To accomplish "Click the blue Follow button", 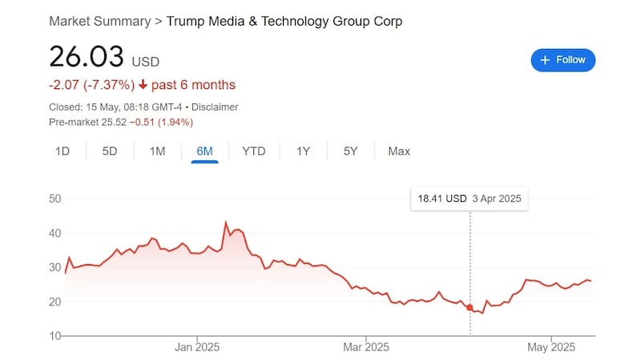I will click(562, 60).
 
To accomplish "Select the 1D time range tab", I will click(62, 151).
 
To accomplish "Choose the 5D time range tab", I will click(110, 151).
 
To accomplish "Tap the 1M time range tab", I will click(157, 151).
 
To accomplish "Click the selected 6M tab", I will click(204, 151).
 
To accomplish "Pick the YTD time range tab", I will click(254, 151).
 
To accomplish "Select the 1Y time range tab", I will click(303, 151).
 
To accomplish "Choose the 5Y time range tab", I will click(350, 151).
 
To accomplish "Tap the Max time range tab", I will click(398, 151).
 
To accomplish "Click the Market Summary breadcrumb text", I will click(99, 21).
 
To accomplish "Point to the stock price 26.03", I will click(87, 57).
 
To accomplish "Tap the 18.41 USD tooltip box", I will click(469, 198).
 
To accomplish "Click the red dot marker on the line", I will click(470, 308).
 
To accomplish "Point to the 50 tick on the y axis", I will click(56, 198).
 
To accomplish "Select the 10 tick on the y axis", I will click(56, 336).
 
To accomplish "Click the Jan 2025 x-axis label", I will click(197, 347).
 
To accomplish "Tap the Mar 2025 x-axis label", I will click(365, 347).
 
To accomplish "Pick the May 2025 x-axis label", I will click(551, 347).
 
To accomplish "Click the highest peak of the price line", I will click(226, 222).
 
